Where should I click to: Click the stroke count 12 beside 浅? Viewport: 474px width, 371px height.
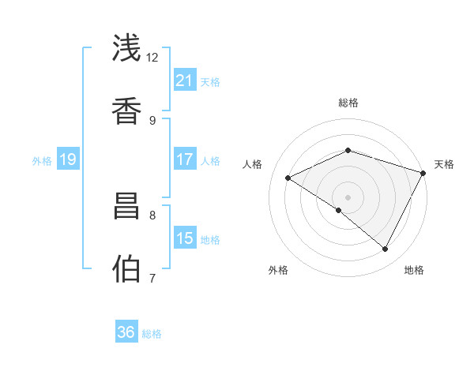(152, 58)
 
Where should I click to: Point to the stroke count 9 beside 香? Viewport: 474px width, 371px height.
(152, 120)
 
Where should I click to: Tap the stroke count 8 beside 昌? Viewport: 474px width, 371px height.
(152, 214)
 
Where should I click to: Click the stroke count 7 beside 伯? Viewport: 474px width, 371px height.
(152, 278)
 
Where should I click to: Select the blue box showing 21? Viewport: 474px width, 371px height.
(185, 80)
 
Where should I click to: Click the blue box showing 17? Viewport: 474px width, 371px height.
(185, 159)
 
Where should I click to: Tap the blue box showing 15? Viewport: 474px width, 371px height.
(185, 238)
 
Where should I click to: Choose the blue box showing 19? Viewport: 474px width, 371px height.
(68, 160)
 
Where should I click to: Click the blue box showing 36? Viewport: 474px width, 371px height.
(126, 332)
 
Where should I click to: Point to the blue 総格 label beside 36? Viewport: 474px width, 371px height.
(152, 334)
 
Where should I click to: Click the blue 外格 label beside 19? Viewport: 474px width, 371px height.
(42, 161)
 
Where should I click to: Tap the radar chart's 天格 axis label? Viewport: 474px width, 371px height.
(444, 164)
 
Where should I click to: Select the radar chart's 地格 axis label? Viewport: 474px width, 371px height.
(414, 270)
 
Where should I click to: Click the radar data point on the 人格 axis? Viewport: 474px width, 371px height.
(288, 178)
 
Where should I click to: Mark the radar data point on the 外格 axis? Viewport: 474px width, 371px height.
(339, 210)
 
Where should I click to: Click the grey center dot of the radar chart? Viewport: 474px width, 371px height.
(348, 197)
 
